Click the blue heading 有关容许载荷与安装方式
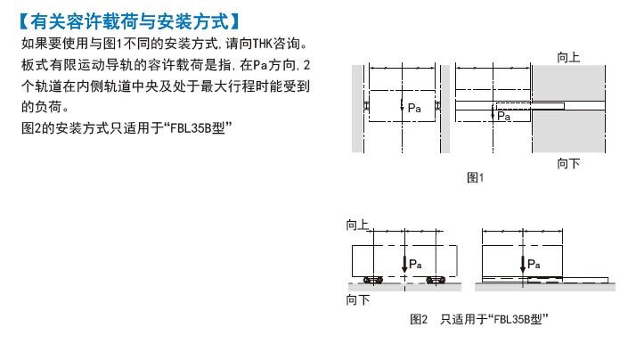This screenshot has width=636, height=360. point(130,21)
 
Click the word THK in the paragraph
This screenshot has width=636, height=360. point(263,44)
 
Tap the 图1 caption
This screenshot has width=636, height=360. point(476,177)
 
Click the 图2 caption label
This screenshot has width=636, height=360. point(419,319)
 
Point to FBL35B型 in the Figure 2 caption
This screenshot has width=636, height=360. point(518,319)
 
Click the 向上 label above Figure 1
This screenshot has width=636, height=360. point(568,57)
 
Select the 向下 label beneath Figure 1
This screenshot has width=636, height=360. point(568,164)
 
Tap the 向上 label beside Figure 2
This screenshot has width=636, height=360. point(357,225)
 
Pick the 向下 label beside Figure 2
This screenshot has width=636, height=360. point(357,300)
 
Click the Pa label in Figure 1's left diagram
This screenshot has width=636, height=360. point(414,108)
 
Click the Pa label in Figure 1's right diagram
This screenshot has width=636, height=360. point(504,116)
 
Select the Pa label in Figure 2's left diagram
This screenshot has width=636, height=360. point(415,265)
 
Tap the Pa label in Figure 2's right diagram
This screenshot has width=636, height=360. point(534,265)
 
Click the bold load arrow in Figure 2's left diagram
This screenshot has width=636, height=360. point(404,264)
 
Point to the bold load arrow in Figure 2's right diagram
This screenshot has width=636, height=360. point(523,265)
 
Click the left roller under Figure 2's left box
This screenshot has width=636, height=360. point(373,280)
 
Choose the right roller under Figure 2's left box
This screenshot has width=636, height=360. point(436,280)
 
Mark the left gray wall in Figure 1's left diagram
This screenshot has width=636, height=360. point(357,109)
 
